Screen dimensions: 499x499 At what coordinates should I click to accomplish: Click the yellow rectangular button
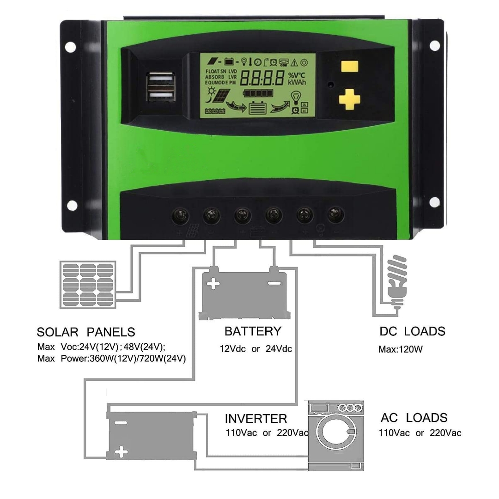coord(350,67)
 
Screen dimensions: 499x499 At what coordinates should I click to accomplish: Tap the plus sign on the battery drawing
coord(213,284)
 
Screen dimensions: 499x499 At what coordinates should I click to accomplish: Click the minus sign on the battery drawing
coord(274,283)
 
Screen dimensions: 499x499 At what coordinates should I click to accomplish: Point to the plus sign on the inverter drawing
coord(121,451)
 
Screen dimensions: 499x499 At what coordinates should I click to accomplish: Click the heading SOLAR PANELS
coord(86,332)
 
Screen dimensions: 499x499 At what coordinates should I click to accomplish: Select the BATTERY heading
coord(253,331)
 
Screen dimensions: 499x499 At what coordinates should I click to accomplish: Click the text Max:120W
coord(401,349)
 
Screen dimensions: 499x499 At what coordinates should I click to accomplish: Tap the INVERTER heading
coord(256,419)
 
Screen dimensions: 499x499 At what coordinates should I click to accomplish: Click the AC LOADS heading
coord(414,418)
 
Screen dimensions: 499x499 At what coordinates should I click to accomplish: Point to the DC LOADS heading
coord(413,331)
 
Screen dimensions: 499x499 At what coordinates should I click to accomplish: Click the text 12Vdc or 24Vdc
coord(256,349)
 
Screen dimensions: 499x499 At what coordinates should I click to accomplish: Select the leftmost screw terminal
coord(179,215)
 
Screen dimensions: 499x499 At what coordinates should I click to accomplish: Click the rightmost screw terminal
coord(335,214)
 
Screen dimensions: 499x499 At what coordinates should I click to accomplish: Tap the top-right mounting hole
coord(434,46)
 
